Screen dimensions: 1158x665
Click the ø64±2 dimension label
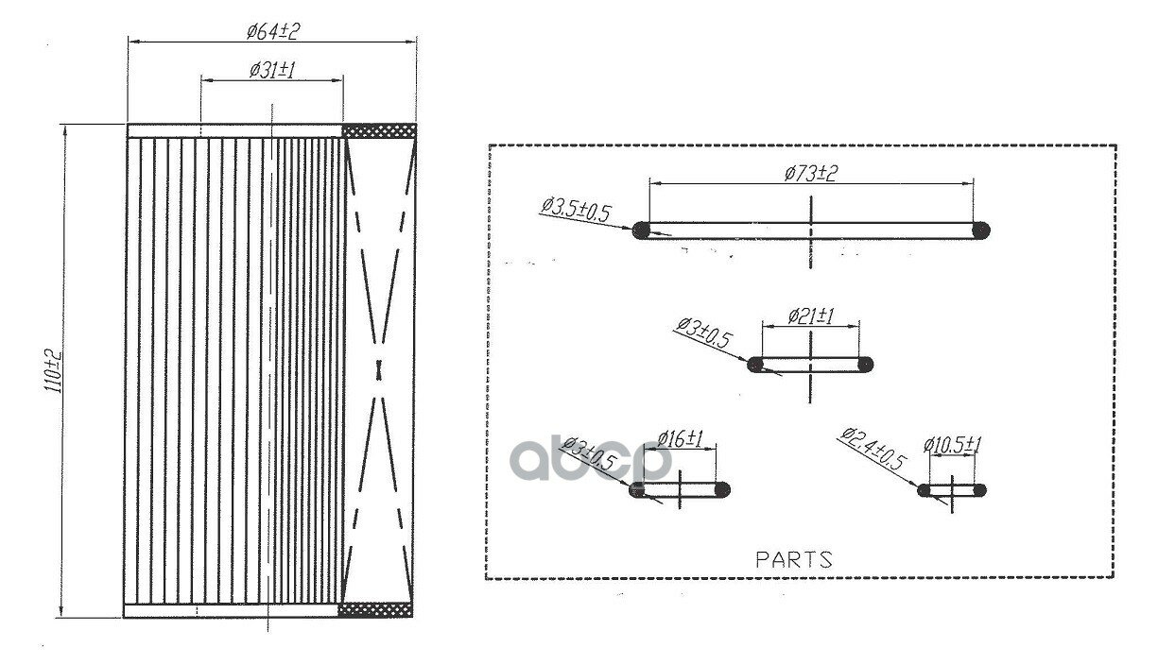point(273,32)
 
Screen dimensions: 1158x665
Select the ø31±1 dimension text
point(272,70)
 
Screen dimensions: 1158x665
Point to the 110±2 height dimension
point(53,371)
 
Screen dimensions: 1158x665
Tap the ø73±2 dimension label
point(810,173)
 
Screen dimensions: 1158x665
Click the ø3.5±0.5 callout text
point(576,210)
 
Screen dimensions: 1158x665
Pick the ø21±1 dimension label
point(811,315)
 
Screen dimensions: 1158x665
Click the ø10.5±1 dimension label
point(952,444)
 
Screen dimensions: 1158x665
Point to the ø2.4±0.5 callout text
point(873,449)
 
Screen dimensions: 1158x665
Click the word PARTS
point(794,559)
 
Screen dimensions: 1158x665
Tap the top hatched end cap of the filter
point(379,130)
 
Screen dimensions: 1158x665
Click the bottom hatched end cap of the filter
point(375,609)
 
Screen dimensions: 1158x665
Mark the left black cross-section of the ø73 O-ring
point(641,230)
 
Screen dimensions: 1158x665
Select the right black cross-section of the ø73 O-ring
point(981,230)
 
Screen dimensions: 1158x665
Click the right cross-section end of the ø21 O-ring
point(866,365)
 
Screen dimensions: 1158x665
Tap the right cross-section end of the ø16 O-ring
point(723,489)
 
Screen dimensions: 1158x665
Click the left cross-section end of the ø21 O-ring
point(754,365)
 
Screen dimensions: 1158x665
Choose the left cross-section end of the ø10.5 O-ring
point(924,490)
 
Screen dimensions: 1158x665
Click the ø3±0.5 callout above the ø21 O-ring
point(704,332)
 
